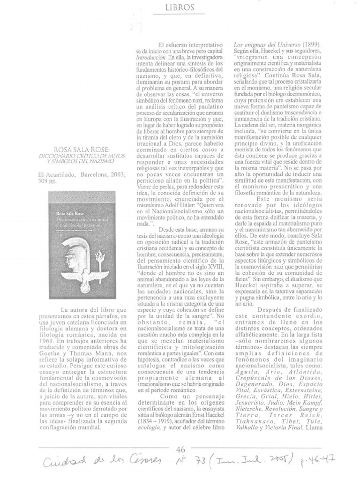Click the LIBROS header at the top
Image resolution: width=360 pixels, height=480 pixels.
coord(180,7)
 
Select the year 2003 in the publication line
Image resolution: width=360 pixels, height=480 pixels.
coord(115,175)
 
